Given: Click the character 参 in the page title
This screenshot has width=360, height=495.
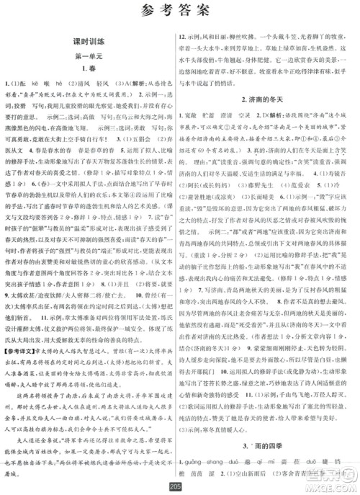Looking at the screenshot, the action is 142,11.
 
